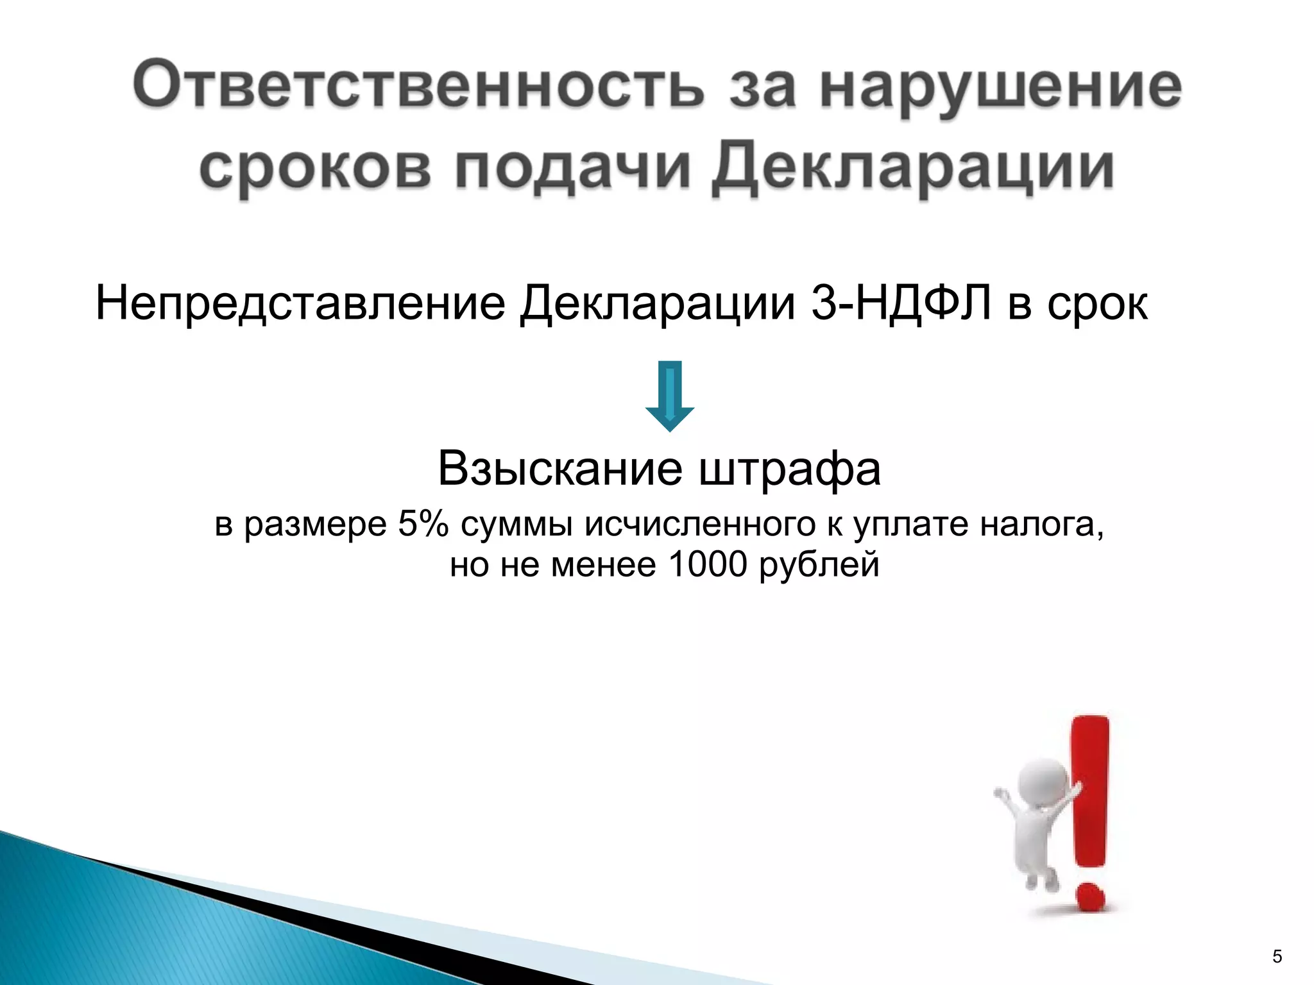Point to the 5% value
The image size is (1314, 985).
[x=423, y=524]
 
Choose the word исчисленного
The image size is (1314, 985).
[x=700, y=525]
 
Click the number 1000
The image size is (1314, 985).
[x=708, y=565]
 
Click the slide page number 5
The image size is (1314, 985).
[x=1277, y=957]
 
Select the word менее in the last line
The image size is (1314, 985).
[x=603, y=565]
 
